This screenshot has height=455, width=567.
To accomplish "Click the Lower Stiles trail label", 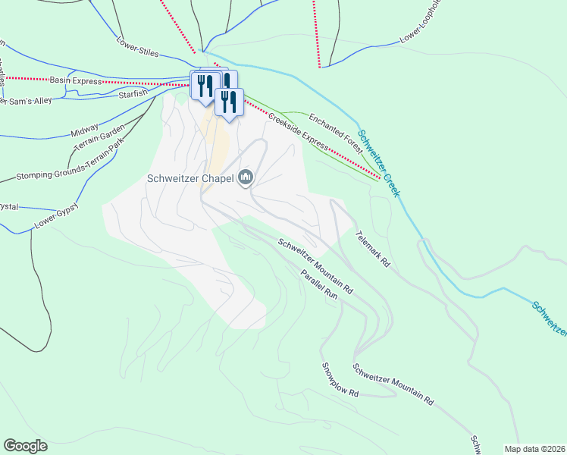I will [139, 47].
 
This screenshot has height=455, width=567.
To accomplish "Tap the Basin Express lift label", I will [75, 80].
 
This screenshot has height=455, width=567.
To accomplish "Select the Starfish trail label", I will [134, 94].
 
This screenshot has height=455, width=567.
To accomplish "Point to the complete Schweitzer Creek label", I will [378, 163].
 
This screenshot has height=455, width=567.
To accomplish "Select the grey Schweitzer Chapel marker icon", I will [245, 178].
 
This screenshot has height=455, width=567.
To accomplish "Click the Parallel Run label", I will [318, 286].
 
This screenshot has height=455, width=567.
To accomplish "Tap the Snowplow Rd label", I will [339, 381].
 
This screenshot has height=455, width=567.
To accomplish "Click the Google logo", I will [25, 446].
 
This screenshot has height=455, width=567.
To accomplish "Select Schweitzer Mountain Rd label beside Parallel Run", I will [315, 266].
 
